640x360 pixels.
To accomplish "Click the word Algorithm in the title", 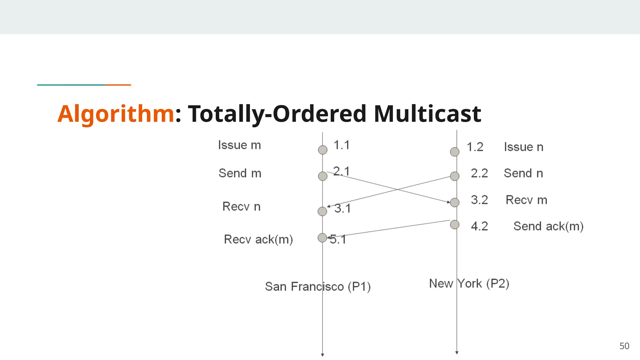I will [x=116, y=114].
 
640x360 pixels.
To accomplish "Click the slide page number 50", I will [x=624, y=346].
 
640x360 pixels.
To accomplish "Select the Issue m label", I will [x=239, y=145].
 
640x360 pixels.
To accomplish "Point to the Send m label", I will [x=240, y=173].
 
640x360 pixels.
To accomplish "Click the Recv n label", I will [x=241, y=207].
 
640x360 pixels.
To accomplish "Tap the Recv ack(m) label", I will [x=258, y=239].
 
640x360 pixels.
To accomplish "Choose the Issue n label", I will [x=523, y=147].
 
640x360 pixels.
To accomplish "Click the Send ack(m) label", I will [x=548, y=226].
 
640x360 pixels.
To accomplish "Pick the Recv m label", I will [x=526, y=200].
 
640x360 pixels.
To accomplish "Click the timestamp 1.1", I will [x=341, y=145].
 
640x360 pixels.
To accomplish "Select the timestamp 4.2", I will [x=479, y=226].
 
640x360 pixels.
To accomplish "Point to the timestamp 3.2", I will [x=479, y=200].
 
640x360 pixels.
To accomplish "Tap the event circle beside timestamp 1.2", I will [x=455, y=152].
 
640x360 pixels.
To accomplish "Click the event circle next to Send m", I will [x=322, y=176].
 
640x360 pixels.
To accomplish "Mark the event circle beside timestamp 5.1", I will [x=322, y=238].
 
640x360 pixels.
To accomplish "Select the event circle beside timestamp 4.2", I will [x=455, y=224].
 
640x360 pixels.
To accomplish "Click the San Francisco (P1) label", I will [x=317, y=287].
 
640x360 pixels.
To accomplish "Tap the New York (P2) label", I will [x=469, y=284].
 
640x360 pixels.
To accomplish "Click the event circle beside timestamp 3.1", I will [x=322, y=211].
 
